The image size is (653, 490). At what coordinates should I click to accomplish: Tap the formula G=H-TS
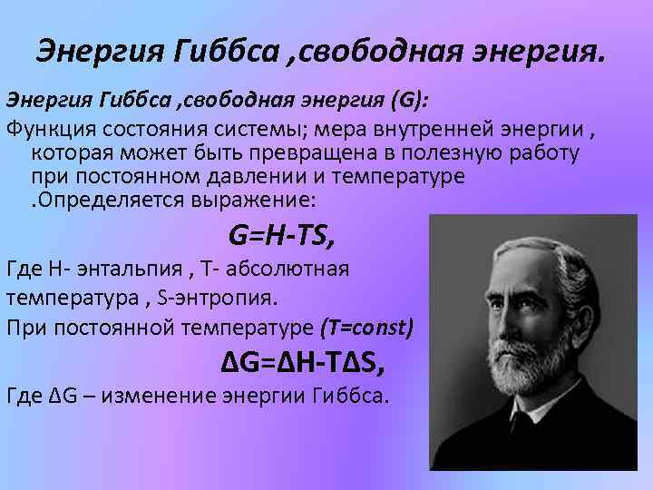[x=282, y=237]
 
